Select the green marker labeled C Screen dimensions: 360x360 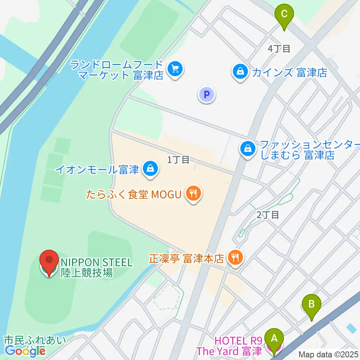tap(284, 15)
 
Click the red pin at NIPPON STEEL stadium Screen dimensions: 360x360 tap(49, 261)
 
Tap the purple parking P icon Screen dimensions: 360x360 tap(206, 94)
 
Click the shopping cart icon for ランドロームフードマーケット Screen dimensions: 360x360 tap(175, 69)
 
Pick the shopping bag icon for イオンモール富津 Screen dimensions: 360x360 tap(150, 168)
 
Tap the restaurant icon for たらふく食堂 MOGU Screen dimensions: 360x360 tap(193, 194)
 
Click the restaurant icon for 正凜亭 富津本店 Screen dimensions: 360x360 tap(235, 258)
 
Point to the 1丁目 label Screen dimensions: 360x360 tap(178, 160)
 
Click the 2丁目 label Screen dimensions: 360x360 tap(268, 215)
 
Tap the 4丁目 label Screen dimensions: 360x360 tap(279, 48)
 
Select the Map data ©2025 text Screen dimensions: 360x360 tap(328, 354)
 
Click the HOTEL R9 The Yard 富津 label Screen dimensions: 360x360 tap(238, 346)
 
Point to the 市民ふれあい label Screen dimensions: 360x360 tap(34, 340)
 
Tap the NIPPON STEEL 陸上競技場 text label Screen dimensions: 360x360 tap(96, 267)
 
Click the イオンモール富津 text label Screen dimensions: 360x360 tap(97, 169)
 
